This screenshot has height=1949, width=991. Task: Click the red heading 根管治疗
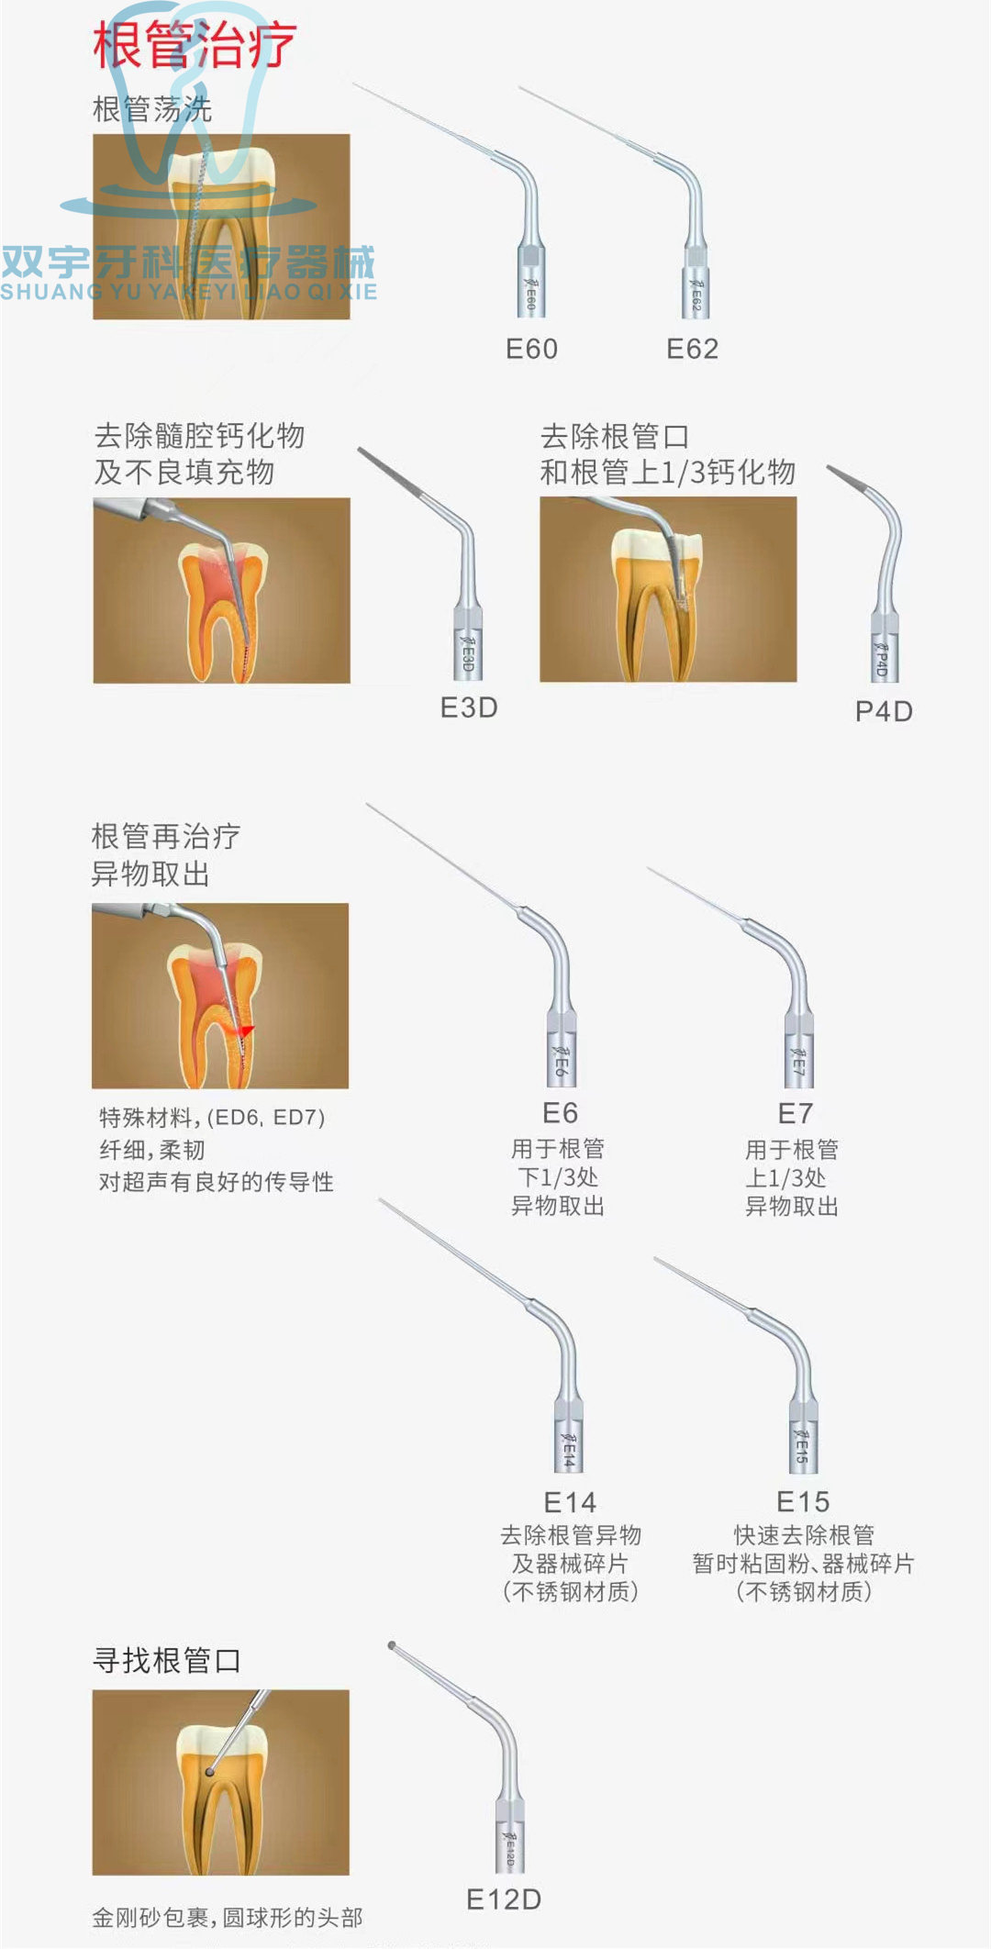pyautogui.click(x=195, y=46)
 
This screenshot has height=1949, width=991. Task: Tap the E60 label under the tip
pyautogui.click(x=531, y=349)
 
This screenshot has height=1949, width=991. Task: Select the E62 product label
pyautogui.click(x=692, y=349)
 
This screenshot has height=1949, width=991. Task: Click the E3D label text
pyautogui.click(x=469, y=707)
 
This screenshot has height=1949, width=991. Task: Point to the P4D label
pyautogui.click(x=884, y=711)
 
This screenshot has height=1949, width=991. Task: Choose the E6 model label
pyautogui.click(x=560, y=1113)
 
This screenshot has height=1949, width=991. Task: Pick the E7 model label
pyautogui.click(x=795, y=1113)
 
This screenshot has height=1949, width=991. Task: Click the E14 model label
pyautogui.click(x=570, y=1502)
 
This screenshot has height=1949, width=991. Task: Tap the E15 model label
pyautogui.click(x=803, y=1501)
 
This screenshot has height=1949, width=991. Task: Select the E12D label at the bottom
pyautogui.click(x=504, y=1899)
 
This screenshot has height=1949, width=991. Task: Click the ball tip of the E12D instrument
pyautogui.click(x=392, y=1646)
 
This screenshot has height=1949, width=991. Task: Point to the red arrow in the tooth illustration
pyautogui.click(x=245, y=1031)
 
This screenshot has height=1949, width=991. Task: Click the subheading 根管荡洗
pyautogui.click(x=152, y=109)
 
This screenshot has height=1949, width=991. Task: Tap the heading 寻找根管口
pyautogui.click(x=167, y=1660)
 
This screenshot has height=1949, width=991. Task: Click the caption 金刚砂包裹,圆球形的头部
pyautogui.click(x=228, y=1917)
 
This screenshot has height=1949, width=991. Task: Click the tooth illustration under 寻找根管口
pyautogui.click(x=220, y=1782)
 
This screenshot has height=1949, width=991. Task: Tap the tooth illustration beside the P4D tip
pyautogui.click(x=668, y=590)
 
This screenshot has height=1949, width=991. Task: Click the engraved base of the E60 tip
pyautogui.click(x=530, y=294)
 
